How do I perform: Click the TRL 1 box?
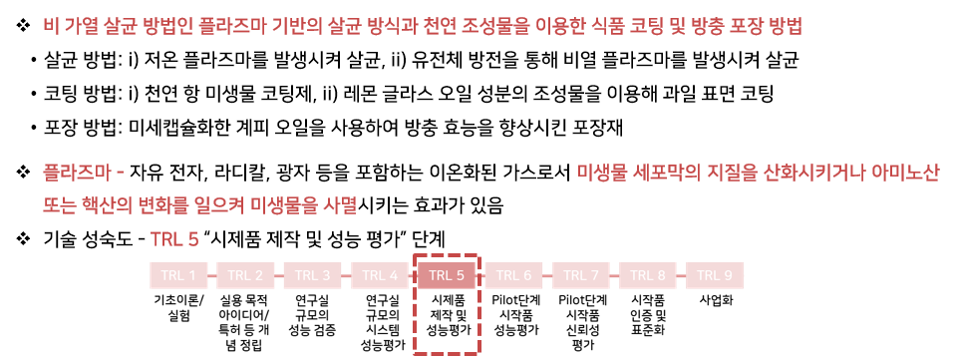point(178,275)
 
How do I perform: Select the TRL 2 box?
point(245,275)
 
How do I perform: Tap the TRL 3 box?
point(312,275)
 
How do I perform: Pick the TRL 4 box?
point(380,275)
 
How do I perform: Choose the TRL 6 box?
point(513,275)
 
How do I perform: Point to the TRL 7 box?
point(581,275)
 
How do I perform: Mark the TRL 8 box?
point(648,275)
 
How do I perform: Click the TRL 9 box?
point(715,275)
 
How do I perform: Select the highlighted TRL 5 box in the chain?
point(447,275)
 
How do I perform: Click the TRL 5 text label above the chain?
point(174,239)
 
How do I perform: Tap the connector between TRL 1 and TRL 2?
point(212,275)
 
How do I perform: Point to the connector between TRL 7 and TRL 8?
point(614,275)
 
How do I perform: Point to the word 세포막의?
point(664,173)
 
